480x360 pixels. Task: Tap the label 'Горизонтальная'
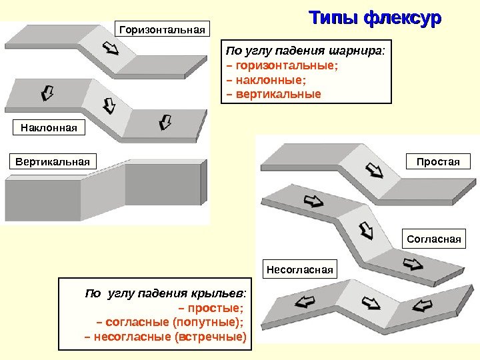[x=163, y=29]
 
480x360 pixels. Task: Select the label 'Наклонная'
[x=49, y=127]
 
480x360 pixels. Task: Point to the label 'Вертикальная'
[x=52, y=162]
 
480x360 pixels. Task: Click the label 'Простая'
[x=438, y=162]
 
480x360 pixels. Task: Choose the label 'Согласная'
[x=434, y=238]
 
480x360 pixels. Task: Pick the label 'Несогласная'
[x=300, y=269]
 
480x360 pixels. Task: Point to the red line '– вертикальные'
[x=274, y=94]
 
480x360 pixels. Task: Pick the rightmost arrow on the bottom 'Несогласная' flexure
[x=423, y=306]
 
